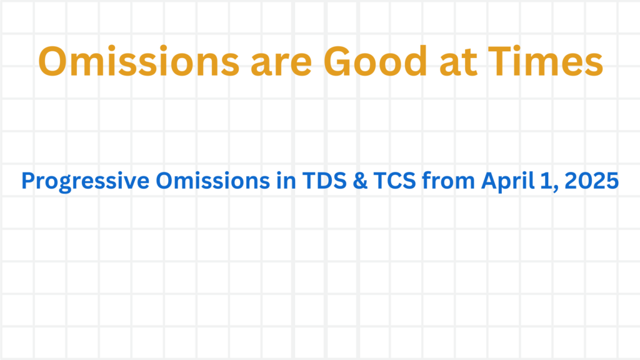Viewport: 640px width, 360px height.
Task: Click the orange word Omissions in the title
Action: [139, 61]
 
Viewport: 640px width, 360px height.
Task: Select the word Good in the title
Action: [375, 61]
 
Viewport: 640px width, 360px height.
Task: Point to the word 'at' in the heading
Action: [458, 62]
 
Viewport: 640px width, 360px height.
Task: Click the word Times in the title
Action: [545, 61]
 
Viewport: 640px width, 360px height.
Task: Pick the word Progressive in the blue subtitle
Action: [85, 181]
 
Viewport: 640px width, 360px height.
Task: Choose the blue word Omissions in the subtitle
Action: [212, 180]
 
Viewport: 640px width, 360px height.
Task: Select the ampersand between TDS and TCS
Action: [360, 181]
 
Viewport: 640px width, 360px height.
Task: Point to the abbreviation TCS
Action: [395, 181]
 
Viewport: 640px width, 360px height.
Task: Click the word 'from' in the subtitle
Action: [449, 180]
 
